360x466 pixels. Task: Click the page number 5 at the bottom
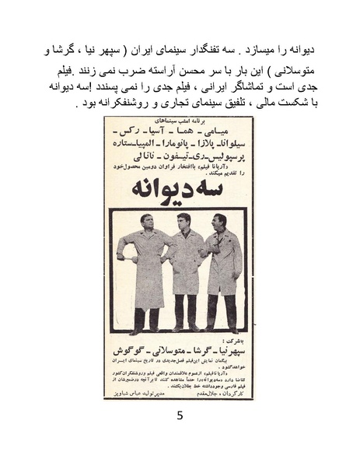click(180, 415)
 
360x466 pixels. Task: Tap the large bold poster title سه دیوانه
click(180, 190)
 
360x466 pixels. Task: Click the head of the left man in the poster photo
click(149, 222)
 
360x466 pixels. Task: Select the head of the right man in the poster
click(220, 222)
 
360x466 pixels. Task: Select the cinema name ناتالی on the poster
click(140, 159)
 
